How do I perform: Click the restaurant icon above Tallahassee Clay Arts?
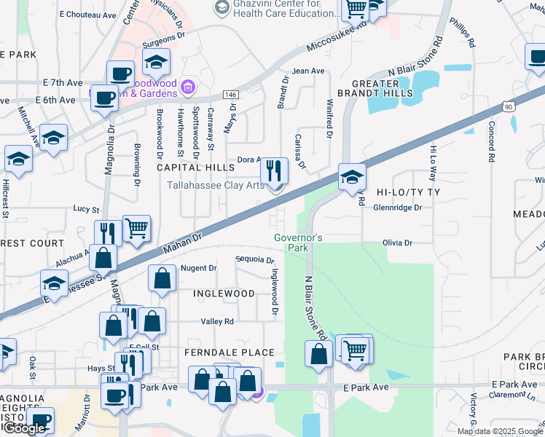tap(274, 171)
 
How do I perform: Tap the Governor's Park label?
tap(298, 243)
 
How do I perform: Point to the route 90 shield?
tap(507, 107)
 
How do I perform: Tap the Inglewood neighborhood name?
tap(224, 294)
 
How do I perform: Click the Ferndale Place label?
tap(229, 353)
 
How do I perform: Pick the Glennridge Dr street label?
tap(398, 208)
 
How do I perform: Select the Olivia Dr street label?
tap(397, 243)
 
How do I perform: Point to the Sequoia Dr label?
tap(254, 259)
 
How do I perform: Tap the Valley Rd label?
tap(217, 321)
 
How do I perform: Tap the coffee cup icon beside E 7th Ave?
tap(120, 74)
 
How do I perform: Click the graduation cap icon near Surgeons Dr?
tap(156, 63)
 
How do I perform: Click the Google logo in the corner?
tap(24, 429)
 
